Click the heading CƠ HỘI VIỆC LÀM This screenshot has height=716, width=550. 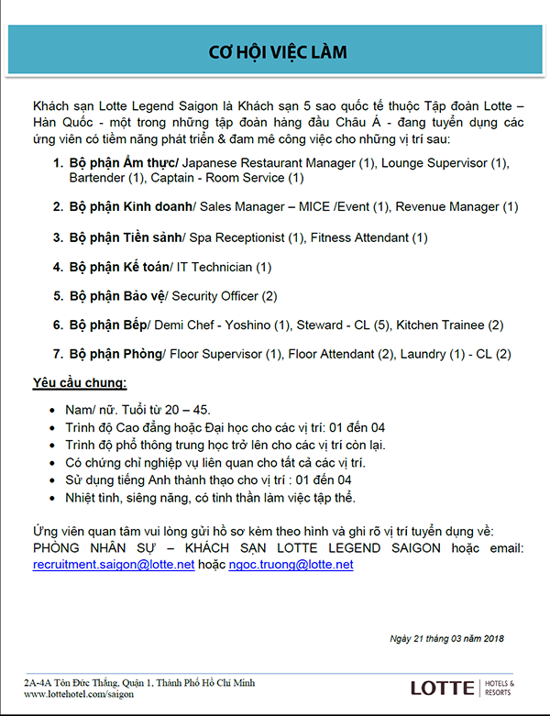(x=276, y=52)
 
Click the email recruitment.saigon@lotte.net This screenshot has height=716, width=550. (x=113, y=565)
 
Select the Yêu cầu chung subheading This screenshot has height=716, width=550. (x=80, y=382)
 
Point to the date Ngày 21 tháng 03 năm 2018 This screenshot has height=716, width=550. (x=442, y=638)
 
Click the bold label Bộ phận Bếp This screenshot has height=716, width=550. (x=106, y=325)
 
